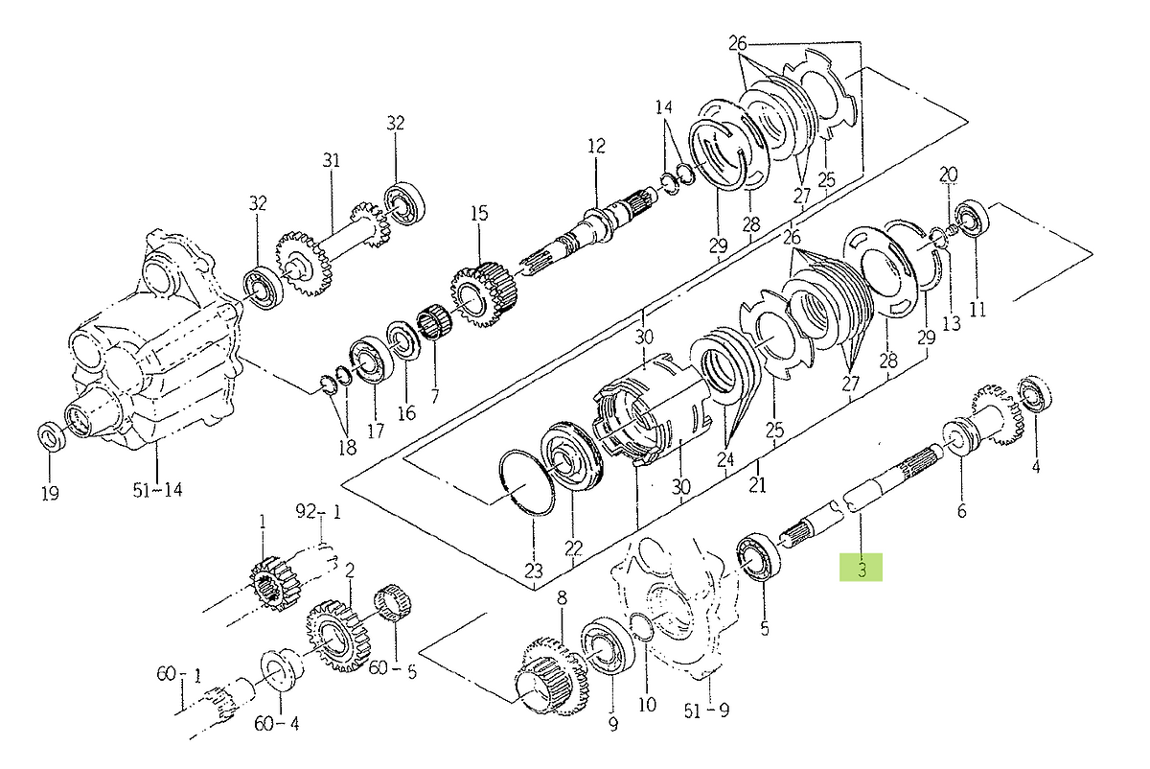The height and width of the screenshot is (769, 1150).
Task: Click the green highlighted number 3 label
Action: [x=861, y=568]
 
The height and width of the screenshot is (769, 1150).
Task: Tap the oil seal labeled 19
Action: [x=52, y=436]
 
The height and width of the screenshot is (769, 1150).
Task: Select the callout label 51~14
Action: [x=157, y=490]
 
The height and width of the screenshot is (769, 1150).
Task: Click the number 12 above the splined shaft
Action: [x=596, y=146]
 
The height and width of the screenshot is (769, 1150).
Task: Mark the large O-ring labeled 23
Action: [x=527, y=482]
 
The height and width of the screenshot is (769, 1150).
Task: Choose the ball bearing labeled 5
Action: [x=759, y=558]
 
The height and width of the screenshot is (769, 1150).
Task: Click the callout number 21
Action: [x=757, y=484]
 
